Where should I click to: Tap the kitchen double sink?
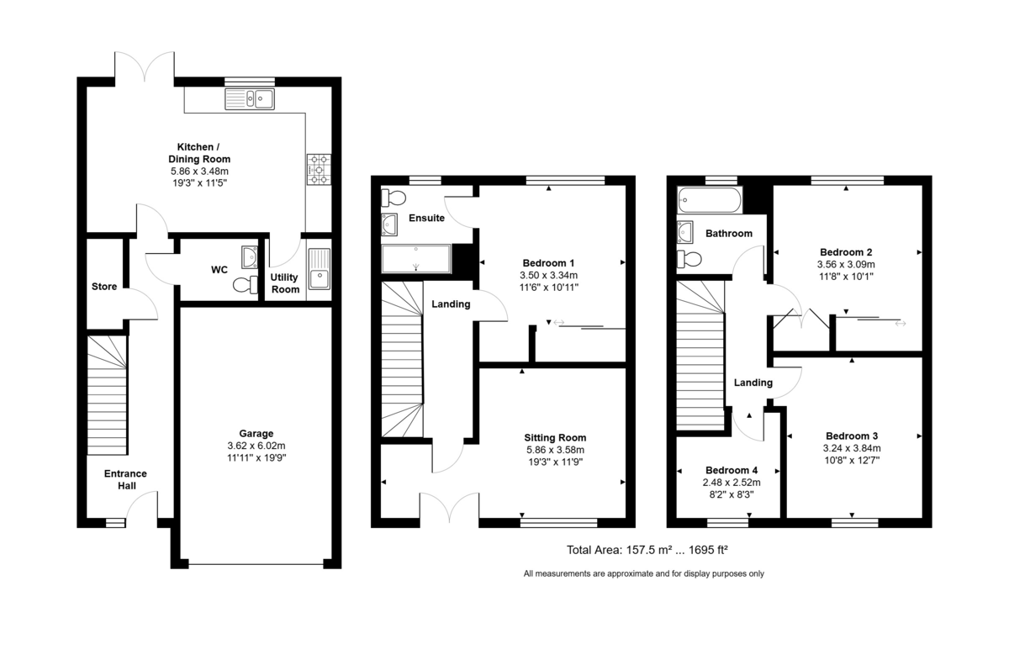pyautogui.click(x=250, y=100)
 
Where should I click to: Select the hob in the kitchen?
pyautogui.click(x=320, y=168)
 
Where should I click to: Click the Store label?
pyautogui.click(x=104, y=287)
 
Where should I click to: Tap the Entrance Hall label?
pyautogui.click(x=125, y=479)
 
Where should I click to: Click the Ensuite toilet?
pyautogui.click(x=393, y=198)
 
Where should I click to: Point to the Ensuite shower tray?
pyautogui.click(x=416, y=260)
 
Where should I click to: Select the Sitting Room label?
pyautogui.click(x=555, y=437)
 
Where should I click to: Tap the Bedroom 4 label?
pyautogui.click(x=731, y=470)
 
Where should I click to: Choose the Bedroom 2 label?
pyautogui.click(x=845, y=252)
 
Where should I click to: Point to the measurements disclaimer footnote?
pyautogui.click(x=643, y=573)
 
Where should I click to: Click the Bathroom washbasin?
pyautogui.click(x=685, y=231)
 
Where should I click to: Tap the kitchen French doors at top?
pyautogui.click(x=145, y=67)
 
